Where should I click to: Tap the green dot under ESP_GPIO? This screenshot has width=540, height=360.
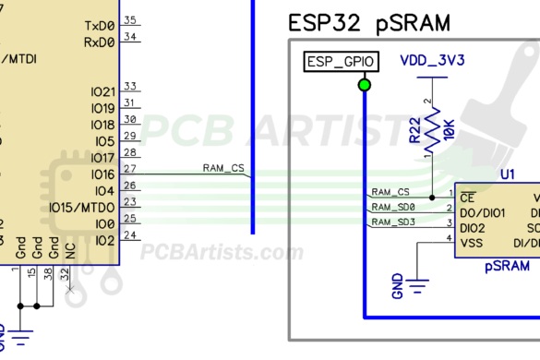click(365, 86)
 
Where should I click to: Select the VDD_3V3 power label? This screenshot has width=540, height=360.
click(432, 61)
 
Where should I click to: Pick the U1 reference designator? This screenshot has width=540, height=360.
click(507, 174)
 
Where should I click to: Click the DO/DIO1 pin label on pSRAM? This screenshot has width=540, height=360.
click(484, 211)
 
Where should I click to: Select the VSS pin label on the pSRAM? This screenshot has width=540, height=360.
click(471, 242)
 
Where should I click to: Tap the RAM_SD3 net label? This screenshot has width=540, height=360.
click(393, 222)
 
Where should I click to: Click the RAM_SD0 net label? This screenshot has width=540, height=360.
click(393, 208)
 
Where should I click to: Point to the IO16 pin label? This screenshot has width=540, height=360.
click(102, 174)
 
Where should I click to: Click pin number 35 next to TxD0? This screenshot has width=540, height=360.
click(130, 20)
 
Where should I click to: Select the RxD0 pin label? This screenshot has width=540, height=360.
click(100, 42)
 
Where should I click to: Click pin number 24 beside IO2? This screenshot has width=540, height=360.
click(130, 235)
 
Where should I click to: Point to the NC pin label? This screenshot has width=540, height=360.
click(70, 248)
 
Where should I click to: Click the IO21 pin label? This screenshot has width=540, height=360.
click(102, 91)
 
